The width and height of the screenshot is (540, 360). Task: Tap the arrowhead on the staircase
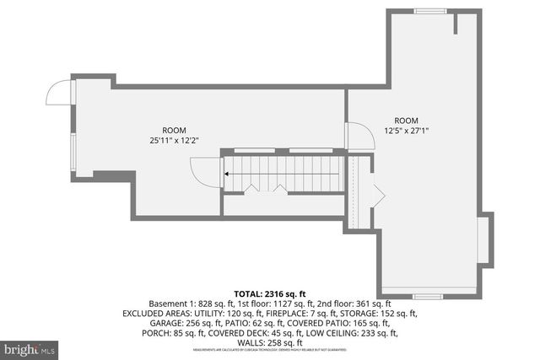[227, 175]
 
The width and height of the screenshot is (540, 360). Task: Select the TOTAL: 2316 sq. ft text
[269, 292]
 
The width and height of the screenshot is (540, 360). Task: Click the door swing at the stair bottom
[206, 175]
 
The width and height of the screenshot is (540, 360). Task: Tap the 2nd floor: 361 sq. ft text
[354, 303]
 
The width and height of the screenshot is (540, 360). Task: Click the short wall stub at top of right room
[456, 23]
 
